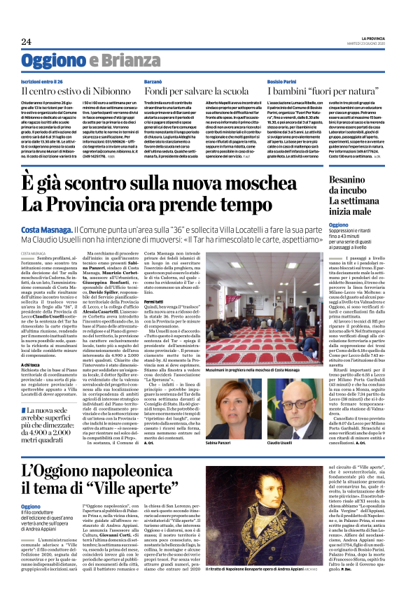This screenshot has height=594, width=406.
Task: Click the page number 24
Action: click(26, 41)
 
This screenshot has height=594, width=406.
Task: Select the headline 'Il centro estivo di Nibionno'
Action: click(85, 90)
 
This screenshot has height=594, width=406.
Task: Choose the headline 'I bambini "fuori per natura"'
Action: click(323, 90)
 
